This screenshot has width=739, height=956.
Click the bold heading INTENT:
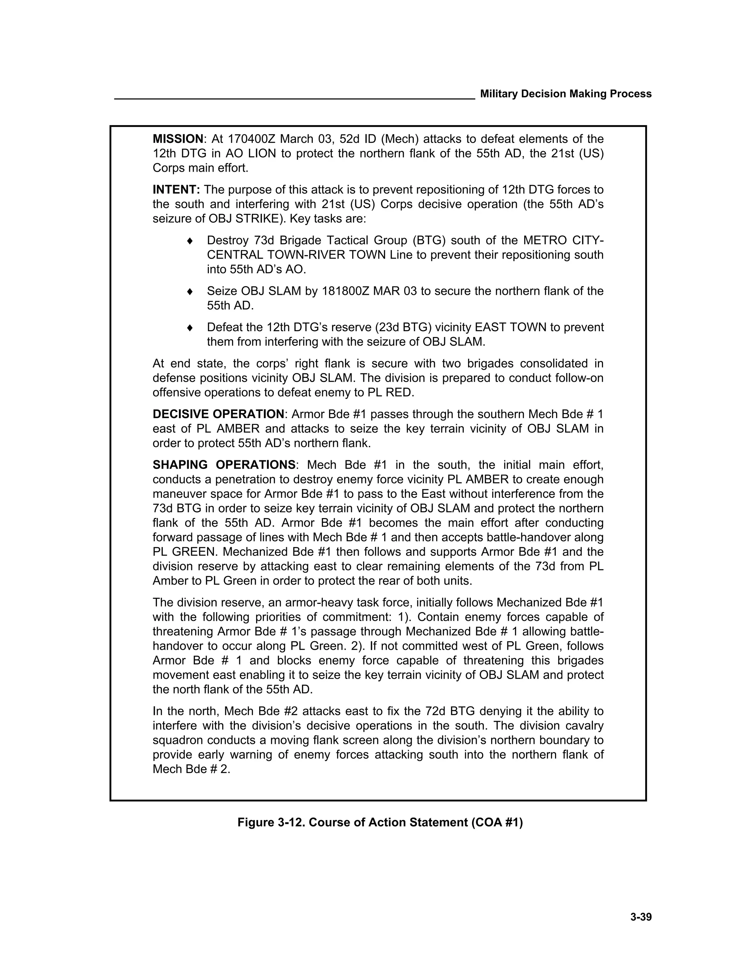click(176, 190)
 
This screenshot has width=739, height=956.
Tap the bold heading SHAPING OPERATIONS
click(224, 465)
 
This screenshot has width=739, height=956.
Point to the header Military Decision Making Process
click(566, 94)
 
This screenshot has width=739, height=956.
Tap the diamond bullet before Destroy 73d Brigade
click(189, 241)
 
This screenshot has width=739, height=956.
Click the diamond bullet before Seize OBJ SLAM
click(189, 291)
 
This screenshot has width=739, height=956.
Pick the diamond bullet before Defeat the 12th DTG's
click(189, 328)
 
